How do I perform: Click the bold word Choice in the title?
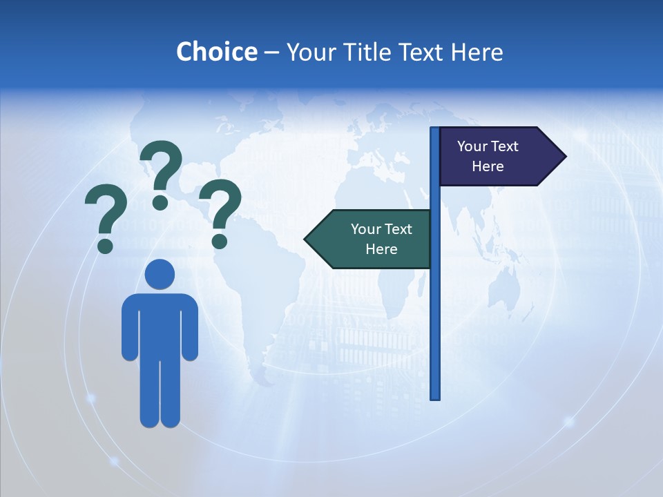216,52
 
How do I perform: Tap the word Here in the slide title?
477,52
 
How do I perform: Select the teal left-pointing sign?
373,239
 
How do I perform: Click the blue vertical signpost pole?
435,311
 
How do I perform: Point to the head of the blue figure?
160,274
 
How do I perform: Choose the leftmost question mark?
106,214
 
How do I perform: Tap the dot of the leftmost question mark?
105,245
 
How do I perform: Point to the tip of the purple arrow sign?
565,157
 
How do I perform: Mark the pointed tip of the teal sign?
306,239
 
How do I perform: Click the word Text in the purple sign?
506,146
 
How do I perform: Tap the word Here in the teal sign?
381,249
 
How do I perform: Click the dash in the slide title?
271,52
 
